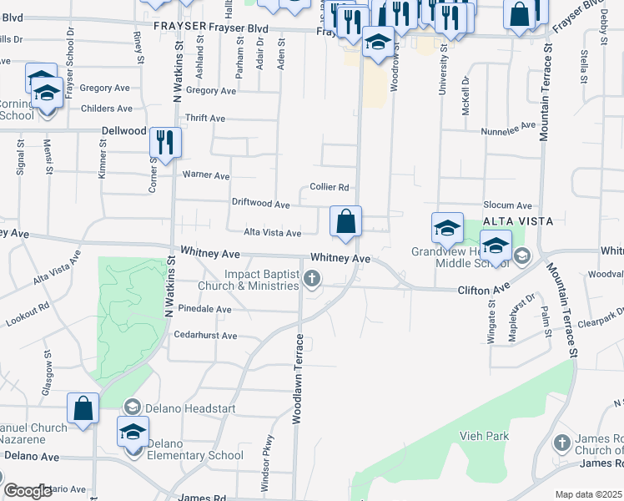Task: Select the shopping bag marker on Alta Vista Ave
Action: click(345, 223)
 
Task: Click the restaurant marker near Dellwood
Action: click(165, 143)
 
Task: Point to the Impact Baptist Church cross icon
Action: click(312, 279)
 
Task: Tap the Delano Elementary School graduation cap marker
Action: click(133, 433)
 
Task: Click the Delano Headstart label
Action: click(191, 408)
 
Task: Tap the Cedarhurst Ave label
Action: click(205, 336)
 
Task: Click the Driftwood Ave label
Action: click(260, 205)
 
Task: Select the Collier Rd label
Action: click(329, 188)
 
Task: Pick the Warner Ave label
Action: click(206, 175)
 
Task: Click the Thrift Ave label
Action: click(206, 119)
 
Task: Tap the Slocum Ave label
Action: click(506, 205)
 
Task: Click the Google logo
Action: click(28, 491)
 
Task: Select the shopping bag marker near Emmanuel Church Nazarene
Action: click(83, 409)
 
